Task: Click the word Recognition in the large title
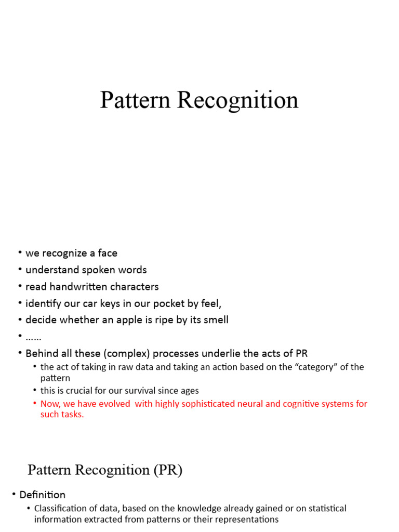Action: pyautogui.click(x=238, y=100)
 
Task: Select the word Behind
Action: pyautogui.click(x=42, y=353)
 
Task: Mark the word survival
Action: pyautogui.click(x=137, y=390)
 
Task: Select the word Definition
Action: pyautogui.click(x=43, y=495)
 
